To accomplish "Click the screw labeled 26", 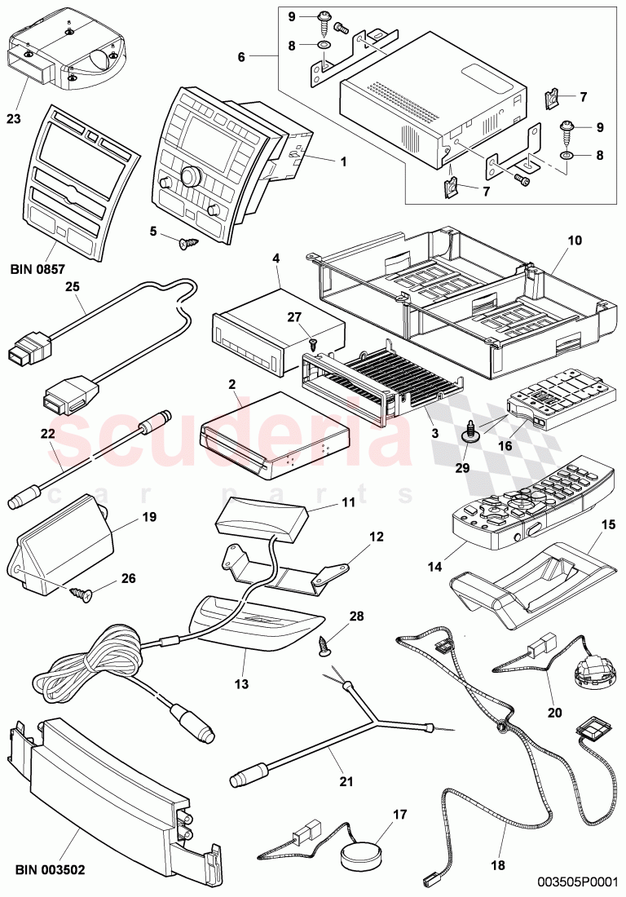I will pyautogui.click(x=81, y=593).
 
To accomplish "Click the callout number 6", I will pyautogui.click(x=240, y=56).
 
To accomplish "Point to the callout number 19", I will pyautogui.click(x=126, y=516).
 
